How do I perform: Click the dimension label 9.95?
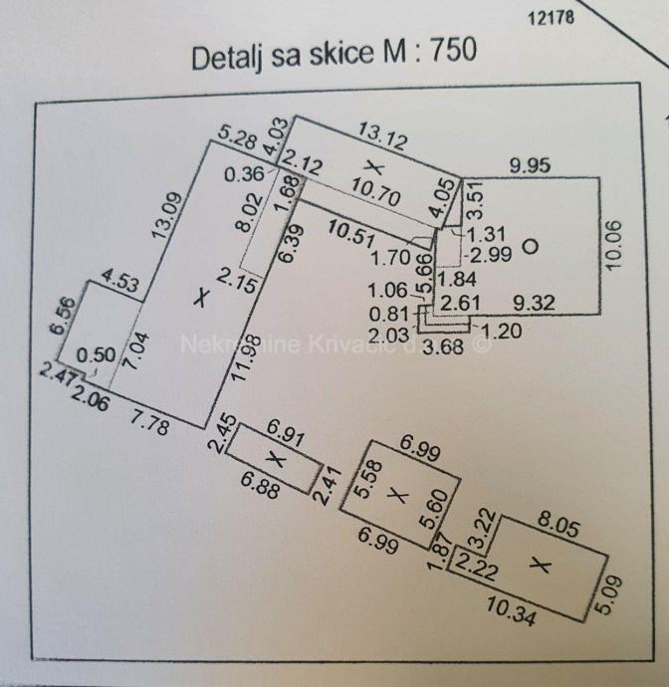coord(533,164)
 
